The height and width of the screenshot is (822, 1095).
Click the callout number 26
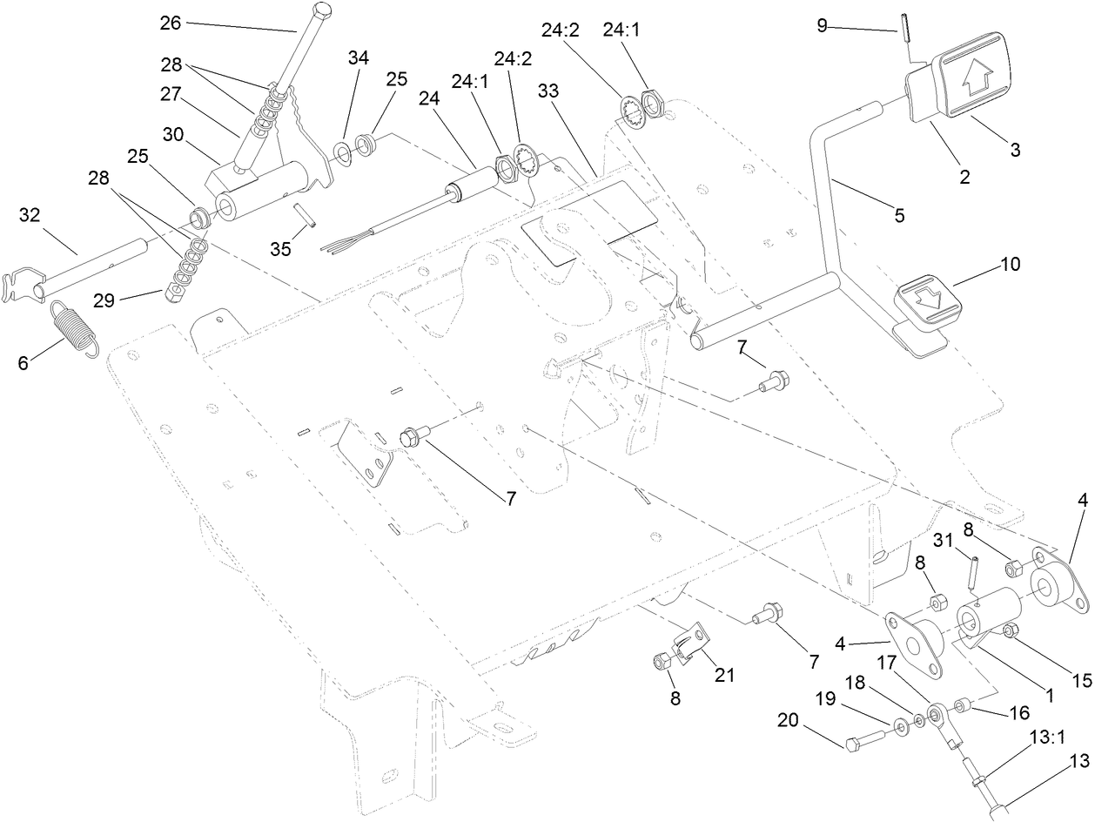(170, 24)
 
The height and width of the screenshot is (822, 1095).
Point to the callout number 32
(30, 215)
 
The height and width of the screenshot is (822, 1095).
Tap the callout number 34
(358, 58)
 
